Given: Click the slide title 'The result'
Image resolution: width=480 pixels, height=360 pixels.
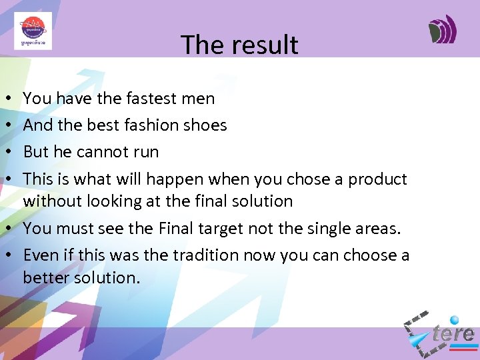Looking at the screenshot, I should pos(239,45).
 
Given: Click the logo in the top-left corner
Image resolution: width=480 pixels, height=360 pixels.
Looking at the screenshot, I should pos(33,31).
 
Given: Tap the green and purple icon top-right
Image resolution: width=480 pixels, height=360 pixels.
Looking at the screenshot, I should pos(443,29).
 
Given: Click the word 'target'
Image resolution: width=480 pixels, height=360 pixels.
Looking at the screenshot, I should pos(219,229).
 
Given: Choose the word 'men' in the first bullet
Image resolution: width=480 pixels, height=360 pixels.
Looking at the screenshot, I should pos(199,99).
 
